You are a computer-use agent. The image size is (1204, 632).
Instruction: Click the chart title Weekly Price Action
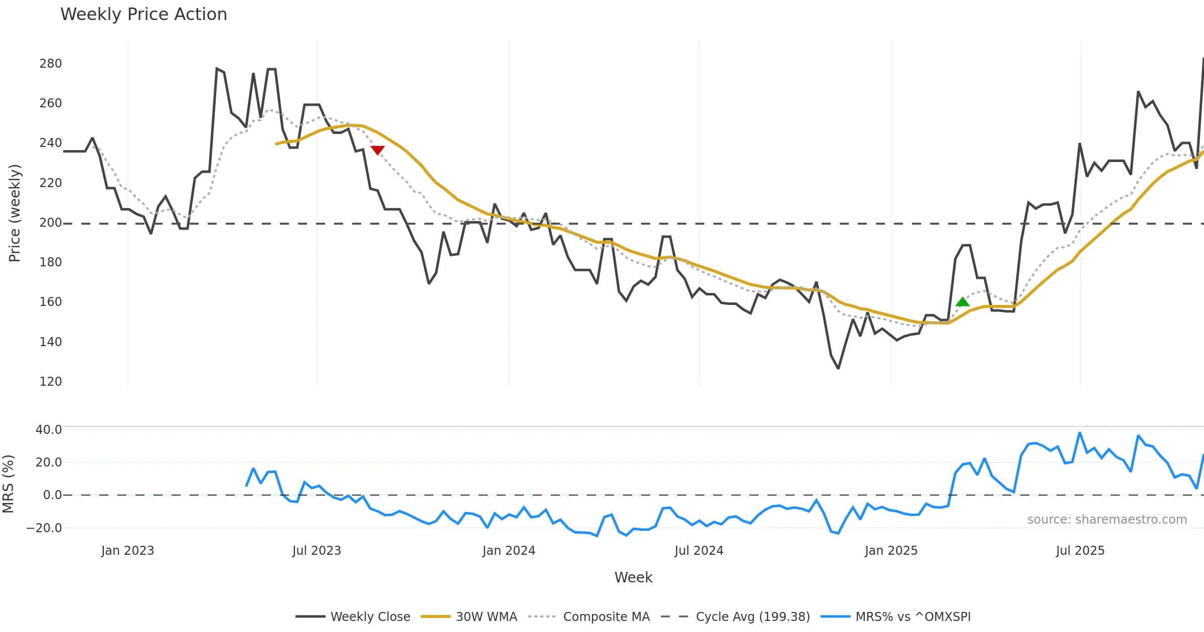coord(143,14)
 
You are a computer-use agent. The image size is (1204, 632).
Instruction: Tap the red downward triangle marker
coord(378,150)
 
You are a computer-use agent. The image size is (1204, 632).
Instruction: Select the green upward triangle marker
coord(962,302)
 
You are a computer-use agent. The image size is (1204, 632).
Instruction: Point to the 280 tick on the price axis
coord(51,64)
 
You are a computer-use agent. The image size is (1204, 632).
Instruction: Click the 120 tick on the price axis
coord(51,382)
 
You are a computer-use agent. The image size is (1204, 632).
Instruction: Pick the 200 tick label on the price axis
coord(51,223)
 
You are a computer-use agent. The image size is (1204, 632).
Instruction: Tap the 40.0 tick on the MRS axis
coord(49,430)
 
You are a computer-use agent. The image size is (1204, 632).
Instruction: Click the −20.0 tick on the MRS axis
coord(44,528)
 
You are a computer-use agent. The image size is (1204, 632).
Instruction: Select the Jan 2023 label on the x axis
coord(127,551)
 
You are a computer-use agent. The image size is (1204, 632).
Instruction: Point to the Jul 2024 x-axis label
coord(699,551)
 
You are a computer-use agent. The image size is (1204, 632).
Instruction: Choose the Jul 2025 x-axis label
coord(1080,551)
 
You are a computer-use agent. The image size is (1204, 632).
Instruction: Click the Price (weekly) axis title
coord(15,213)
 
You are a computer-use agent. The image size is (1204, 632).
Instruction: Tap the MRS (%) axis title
coord(9,484)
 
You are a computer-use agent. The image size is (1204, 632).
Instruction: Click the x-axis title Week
coord(633,578)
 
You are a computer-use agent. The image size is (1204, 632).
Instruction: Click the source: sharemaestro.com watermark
coord(1107,520)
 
